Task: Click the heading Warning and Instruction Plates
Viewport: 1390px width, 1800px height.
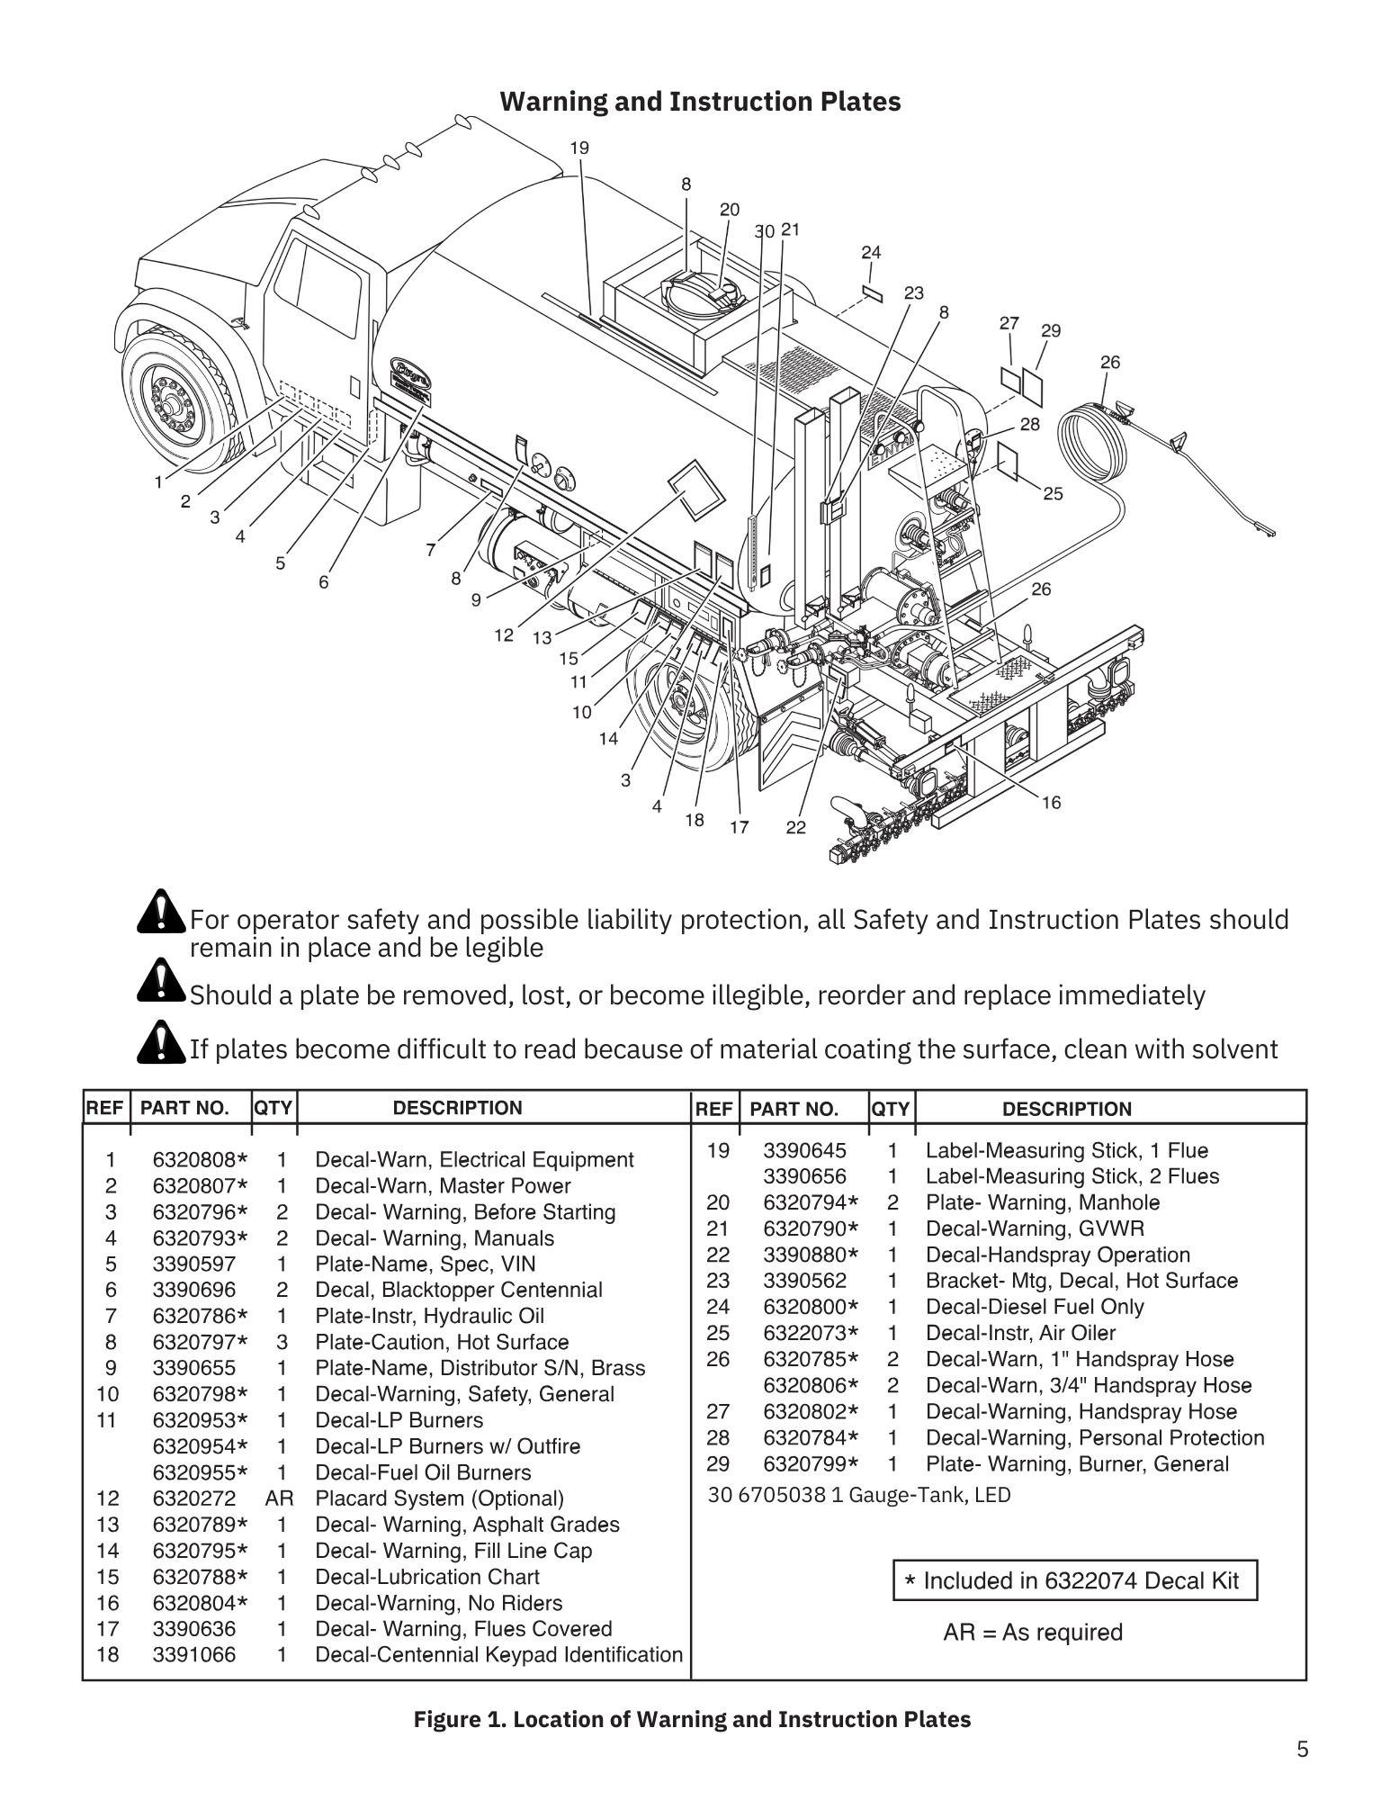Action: (700, 102)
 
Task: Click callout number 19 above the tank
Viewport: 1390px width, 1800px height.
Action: (579, 148)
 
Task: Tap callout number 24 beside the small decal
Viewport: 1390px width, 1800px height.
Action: (870, 253)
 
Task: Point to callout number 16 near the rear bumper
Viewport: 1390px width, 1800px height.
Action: (1051, 802)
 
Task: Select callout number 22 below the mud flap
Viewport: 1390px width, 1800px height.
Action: (795, 827)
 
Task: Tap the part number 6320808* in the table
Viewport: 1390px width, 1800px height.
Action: (200, 1160)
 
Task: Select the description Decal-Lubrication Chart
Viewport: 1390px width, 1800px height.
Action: (426, 1577)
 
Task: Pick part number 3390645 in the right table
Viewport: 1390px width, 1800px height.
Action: (804, 1150)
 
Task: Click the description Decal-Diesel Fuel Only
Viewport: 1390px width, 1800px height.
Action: (1035, 1307)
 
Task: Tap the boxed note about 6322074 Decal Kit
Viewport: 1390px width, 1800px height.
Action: (1074, 1580)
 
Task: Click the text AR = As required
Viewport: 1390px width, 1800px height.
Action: (1033, 1633)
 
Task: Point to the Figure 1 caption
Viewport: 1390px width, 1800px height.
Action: (692, 1720)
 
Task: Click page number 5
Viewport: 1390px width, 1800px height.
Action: (1303, 1750)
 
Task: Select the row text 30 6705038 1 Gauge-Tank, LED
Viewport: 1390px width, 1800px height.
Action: (859, 1495)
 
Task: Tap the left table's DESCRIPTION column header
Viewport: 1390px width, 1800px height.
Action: (457, 1108)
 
